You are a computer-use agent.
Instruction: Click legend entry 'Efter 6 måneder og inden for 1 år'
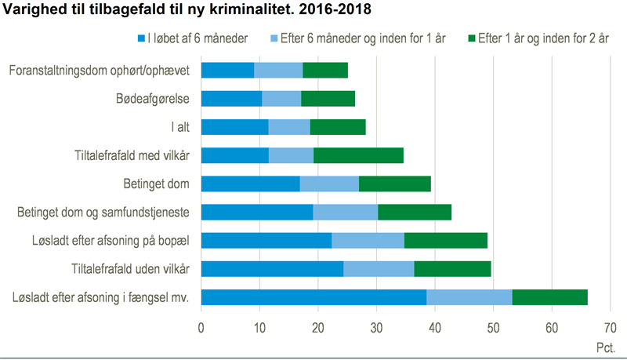(x=361, y=38)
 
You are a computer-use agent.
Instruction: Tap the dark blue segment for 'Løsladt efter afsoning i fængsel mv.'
(x=313, y=297)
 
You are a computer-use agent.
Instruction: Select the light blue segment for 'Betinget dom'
(x=329, y=184)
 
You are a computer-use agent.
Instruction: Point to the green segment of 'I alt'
(x=338, y=127)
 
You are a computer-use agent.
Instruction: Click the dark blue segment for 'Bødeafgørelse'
(x=231, y=99)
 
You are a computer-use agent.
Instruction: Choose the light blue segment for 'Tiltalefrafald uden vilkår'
(x=379, y=269)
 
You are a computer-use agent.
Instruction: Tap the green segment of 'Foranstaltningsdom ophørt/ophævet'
(x=325, y=71)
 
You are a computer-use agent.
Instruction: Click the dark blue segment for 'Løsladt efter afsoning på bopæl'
(x=266, y=241)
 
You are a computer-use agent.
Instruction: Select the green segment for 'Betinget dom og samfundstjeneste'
(x=415, y=213)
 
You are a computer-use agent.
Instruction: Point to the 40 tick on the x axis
(x=435, y=327)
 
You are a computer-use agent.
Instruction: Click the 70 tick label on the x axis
(x=611, y=327)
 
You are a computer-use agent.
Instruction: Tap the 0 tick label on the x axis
(x=201, y=327)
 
